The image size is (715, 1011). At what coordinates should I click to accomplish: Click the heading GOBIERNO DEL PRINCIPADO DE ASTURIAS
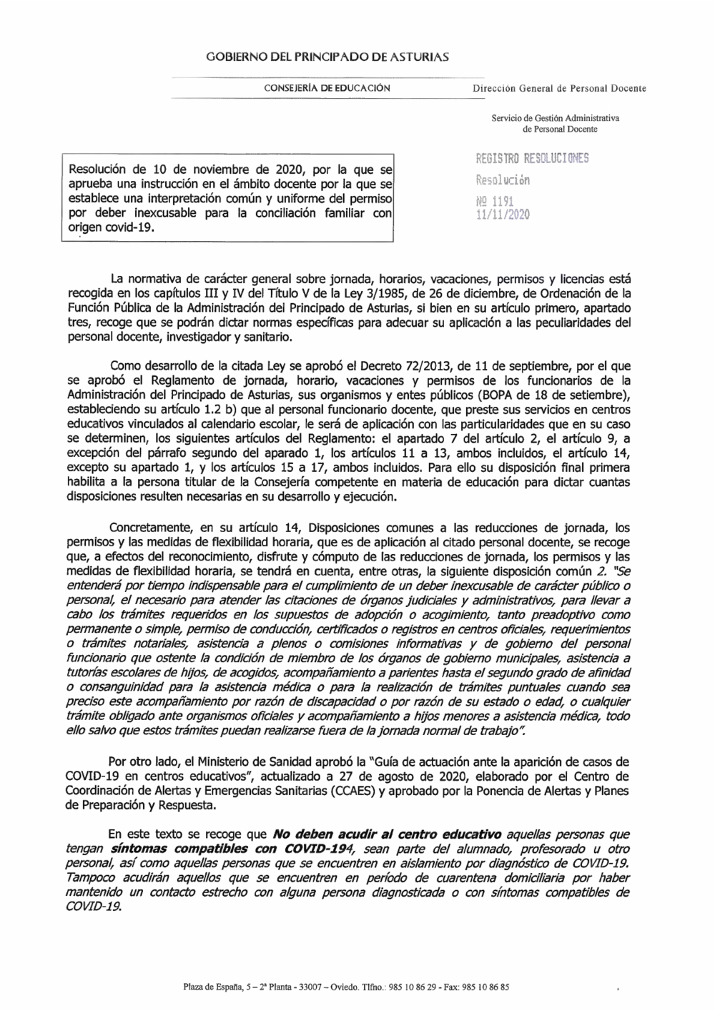pos(327,56)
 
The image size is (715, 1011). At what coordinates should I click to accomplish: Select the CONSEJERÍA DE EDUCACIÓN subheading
pos(327,88)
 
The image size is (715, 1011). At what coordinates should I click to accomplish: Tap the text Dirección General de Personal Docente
pos(558,89)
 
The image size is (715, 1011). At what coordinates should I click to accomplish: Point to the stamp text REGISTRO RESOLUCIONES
pos(532,158)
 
